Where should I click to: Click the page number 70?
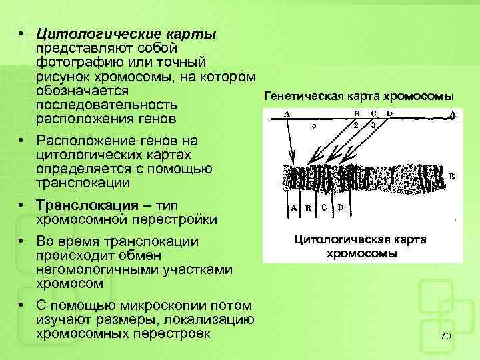click(x=447, y=338)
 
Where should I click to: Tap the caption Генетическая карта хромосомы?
click(x=359, y=95)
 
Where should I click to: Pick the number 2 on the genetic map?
click(x=356, y=125)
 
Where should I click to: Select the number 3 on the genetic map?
click(x=373, y=125)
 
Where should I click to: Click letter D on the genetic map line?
click(x=389, y=113)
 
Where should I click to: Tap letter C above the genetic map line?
click(x=373, y=113)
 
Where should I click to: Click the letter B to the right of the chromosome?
click(x=452, y=177)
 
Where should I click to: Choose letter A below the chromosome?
click(x=294, y=207)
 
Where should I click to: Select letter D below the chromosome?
click(x=340, y=207)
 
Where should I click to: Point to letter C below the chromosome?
click(x=324, y=207)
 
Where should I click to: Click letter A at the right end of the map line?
click(x=453, y=114)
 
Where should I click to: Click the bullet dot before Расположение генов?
click(x=22, y=142)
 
